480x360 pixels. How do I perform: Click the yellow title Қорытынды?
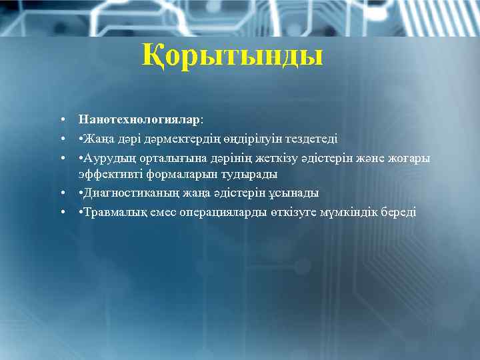coord(232,56)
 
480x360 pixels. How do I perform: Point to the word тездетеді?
coord(311,139)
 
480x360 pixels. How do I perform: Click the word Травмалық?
coord(111,212)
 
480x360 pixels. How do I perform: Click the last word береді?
coord(400,212)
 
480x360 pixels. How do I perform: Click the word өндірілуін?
coord(243,139)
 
